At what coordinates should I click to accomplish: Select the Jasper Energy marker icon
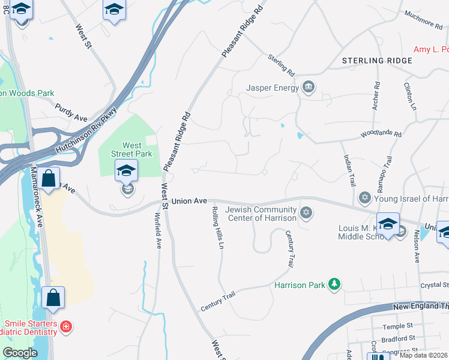(x=309, y=88)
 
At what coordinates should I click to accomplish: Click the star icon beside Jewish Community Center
(x=306, y=213)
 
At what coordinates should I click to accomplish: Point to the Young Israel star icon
(x=364, y=198)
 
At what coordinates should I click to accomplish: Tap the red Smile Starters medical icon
(x=66, y=327)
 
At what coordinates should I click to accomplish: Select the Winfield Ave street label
(x=158, y=230)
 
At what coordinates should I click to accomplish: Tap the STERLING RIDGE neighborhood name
(x=377, y=61)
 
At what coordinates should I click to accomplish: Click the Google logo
(x=20, y=353)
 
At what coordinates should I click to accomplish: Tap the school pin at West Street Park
(x=127, y=172)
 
